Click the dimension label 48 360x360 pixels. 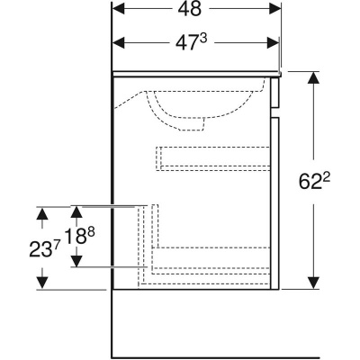pos(189,9)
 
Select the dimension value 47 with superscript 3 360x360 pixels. pos(191,43)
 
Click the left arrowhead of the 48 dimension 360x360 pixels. pos(118,8)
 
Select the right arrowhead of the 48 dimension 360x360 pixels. pos(275,8)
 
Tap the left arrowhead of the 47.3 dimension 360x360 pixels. pos(118,43)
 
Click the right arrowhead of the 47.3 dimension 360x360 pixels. pos(273,43)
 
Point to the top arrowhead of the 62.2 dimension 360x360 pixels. pos(314,78)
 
